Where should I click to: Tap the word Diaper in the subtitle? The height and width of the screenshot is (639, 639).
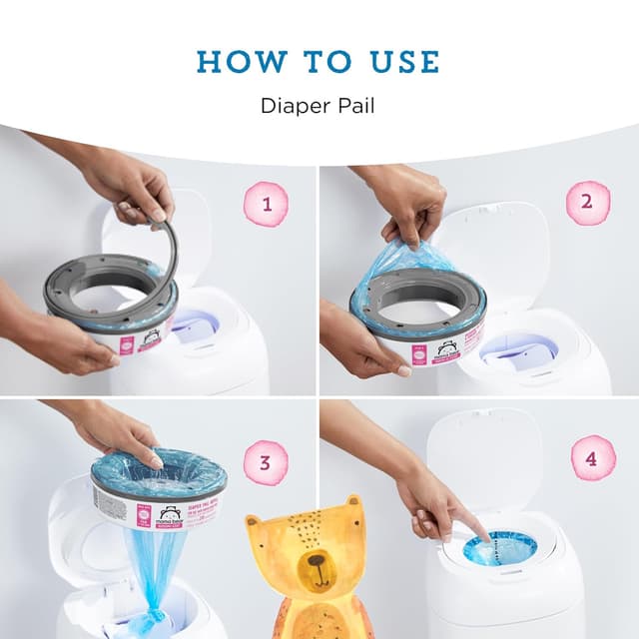[x=291, y=105]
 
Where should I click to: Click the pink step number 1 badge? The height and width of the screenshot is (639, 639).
[x=265, y=206]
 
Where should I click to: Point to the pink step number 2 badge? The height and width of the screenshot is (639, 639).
[x=587, y=204]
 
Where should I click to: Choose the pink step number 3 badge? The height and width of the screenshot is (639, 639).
[x=266, y=462]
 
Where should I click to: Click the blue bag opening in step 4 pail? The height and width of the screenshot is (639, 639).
[x=499, y=547]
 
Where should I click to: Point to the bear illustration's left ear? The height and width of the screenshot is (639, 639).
[x=263, y=524]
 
